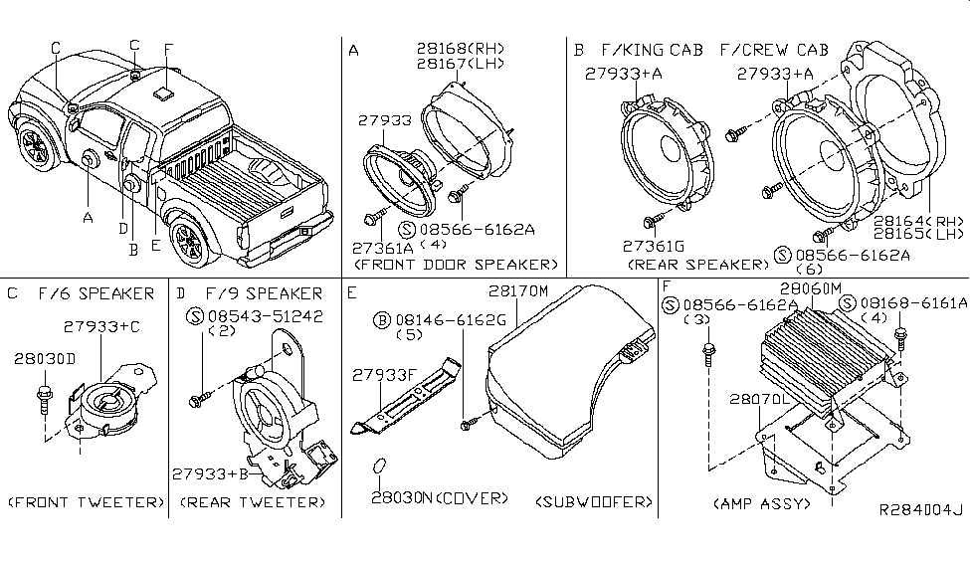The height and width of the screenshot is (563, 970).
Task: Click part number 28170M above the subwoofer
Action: (518, 291)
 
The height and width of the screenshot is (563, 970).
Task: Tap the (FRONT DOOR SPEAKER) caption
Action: (455, 265)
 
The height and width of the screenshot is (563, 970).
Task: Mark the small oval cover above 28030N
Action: (379, 468)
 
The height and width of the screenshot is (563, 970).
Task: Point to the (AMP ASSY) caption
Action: (762, 504)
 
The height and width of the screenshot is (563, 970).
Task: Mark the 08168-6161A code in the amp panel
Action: (909, 302)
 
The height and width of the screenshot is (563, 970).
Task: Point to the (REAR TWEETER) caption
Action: (253, 503)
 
